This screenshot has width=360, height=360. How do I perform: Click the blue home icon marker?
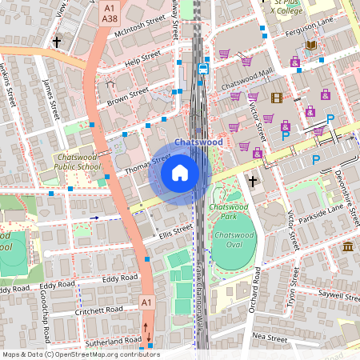pyautogui.click(x=180, y=173)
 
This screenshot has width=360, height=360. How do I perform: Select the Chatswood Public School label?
pyautogui.click(x=78, y=162)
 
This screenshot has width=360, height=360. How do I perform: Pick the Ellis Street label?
pyautogui.click(x=175, y=230)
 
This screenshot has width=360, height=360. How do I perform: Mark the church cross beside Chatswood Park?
pyautogui.click(x=253, y=181)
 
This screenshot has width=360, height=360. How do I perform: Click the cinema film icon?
pyautogui.click(x=277, y=98)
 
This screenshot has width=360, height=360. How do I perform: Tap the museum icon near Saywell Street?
pyautogui.click(x=348, y=246)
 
